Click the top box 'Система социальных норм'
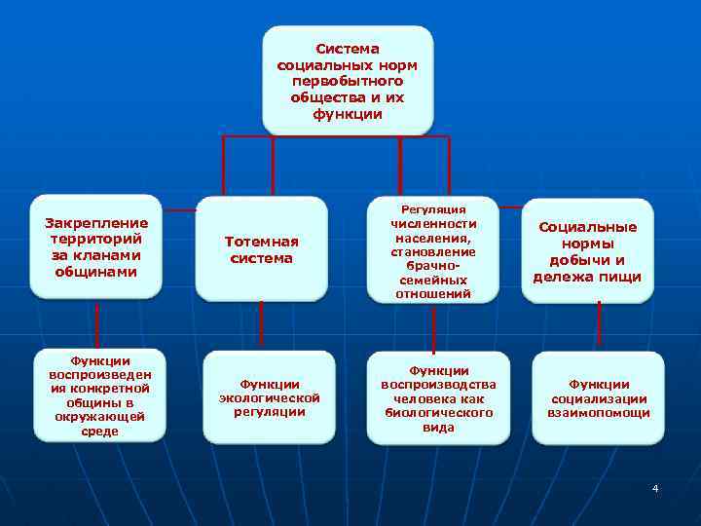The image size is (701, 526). (x=348, y=80)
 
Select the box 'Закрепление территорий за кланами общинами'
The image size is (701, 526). (x=96, y=246)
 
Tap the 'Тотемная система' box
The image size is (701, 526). (x=261, y=249)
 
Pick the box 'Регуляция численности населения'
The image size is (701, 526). (x=431, y=250)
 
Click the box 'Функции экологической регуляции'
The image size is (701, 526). (x=269, y=397)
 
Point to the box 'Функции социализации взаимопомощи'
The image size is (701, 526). (x=598, y=398)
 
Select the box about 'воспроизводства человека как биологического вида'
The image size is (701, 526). (x=438, y=398)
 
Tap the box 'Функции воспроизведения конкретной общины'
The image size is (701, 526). (x=98, y=395)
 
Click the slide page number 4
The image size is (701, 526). (x=655, y=487)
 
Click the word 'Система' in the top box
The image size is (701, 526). (x=348, y=48)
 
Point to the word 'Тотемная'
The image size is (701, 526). (x=261, y=241)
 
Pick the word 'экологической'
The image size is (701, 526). (x=269, y=397)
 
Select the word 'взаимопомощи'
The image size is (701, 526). (x=598, y=413)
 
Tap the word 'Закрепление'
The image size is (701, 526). (x=96, y=222)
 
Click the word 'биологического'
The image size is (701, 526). (x=438, y=413)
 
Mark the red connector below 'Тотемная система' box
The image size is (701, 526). (x=261, y=325)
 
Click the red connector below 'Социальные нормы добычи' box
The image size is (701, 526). (x=598, y=325)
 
